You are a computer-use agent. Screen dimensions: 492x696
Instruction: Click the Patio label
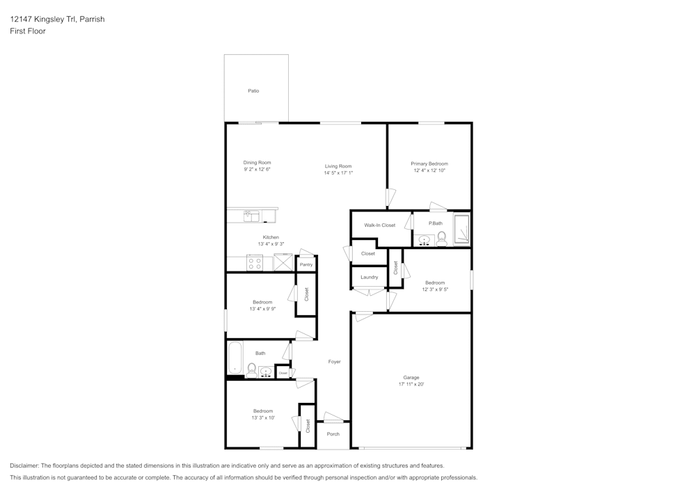pos(253,91)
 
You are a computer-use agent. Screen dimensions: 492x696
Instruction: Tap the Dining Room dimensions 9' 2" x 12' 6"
pos(257,170)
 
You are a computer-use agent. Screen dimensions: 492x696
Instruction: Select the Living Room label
pos(338,166)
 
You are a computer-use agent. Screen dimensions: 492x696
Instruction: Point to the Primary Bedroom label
pos(429,164)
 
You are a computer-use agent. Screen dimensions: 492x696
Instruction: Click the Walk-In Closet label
pos(379,225)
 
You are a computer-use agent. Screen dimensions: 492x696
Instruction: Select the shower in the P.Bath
pos(462,230)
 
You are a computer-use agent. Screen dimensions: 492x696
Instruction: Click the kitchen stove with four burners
pos(255,264)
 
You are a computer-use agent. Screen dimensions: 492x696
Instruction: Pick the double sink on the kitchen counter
pos(251,216)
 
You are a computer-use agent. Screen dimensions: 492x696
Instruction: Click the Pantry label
pos(305,265)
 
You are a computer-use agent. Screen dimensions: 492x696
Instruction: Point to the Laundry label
pos(369,277)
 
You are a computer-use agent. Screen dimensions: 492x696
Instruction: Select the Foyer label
pos(334,362)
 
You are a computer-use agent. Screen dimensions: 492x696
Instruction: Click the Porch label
pos(333,434)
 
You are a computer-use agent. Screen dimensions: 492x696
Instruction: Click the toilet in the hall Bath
pos(252,370)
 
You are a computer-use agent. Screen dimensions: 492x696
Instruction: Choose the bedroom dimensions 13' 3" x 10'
pos(263,418)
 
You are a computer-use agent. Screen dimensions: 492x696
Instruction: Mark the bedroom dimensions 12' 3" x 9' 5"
pos(435,289)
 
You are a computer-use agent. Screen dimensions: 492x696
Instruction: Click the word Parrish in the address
pos(92,19)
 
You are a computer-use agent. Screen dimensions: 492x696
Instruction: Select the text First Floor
pos(28,31)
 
